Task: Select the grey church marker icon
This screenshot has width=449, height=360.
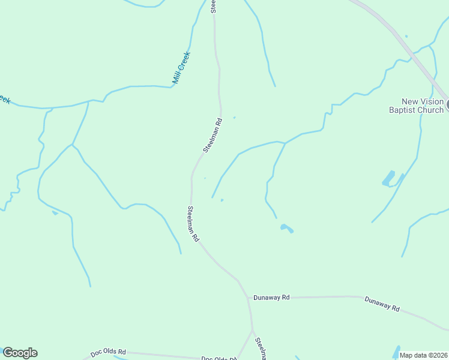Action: click(447, 104)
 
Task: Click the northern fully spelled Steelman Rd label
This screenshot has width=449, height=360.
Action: click(212, 135)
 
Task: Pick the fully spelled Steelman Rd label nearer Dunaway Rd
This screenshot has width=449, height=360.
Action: click(193, 224)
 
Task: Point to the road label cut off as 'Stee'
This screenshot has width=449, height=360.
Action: click(213, 6)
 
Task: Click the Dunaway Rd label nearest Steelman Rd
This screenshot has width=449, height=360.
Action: click(271, 297)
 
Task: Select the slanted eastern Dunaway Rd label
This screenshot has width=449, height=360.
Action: click(382, 303)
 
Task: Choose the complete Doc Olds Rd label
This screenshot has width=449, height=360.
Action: click(109, 352)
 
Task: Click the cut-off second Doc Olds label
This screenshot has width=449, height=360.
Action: click(218, 358)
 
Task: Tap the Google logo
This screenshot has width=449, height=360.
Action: click(20, 353)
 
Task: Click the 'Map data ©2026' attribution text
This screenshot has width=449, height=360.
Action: click(423, 355)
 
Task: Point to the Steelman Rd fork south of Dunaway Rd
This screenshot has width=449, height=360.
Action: click(252, 330)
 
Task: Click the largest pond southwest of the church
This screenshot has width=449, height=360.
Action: click(388, 179)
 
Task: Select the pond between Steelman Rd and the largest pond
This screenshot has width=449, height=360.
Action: click(286, 228)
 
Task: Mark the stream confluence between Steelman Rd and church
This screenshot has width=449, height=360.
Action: click(285, 143)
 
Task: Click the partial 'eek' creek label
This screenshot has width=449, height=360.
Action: click(5, 100)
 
